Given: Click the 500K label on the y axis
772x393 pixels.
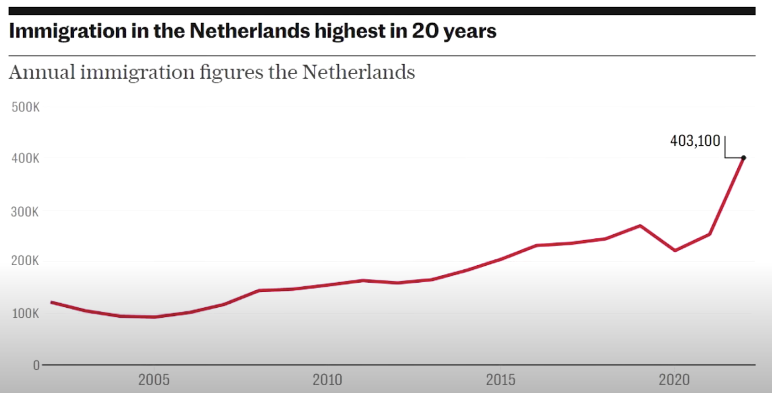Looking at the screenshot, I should pyautogui.click(x=25, y=107).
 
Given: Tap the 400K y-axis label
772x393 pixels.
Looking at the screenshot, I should pyautogui.click(x=25, y=158).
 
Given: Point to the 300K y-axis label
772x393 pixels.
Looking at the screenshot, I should pyautogui.click(x=25, y=212).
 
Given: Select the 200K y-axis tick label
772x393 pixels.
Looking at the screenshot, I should pyautogui.click(x=25, y=261).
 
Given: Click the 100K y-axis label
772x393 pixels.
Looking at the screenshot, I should pyautogui.click(x=25, y=313).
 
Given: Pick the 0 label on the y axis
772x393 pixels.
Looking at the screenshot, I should pyautogui.click(x=36, y=366).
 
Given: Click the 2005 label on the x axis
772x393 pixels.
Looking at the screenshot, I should pyautogui.click(x=154, y=380).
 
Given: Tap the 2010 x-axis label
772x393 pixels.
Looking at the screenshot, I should pyautogui.click(x=327, y=380).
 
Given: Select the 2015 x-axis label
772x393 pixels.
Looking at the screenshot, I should pyautogui.click(x=500, y=380).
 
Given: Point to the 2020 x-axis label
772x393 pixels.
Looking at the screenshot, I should pyautogui.click(x=674, y=380).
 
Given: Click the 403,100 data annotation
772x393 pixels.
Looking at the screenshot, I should pyautogui.click(x=695, y=141).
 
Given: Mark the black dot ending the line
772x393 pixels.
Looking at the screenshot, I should pyautogui.click(x=744, y=158).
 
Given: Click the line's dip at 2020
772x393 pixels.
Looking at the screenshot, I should pyautogui.click(x=675, y=250).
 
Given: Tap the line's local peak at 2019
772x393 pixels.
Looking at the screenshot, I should pyautogui.click(x=640, y=226).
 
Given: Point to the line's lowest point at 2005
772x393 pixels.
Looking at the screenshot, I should pyautogui.click(x=154, y=317).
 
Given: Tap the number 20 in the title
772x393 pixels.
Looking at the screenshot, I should pyautogui.click(x=425, y=31).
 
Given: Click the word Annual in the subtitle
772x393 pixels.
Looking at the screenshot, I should pyautogui.click(x=42, y=73).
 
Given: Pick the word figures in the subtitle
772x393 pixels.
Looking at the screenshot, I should pyautogui.click(x=231, y=73).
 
